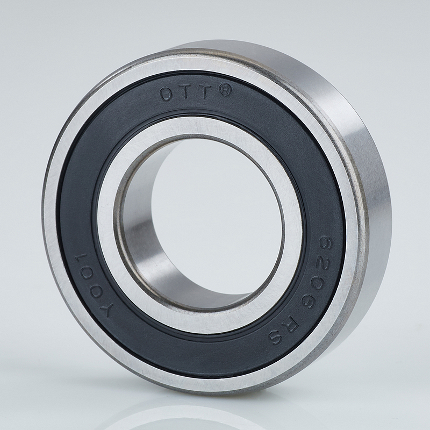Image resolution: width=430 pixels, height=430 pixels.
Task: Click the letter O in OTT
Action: click(167, 95)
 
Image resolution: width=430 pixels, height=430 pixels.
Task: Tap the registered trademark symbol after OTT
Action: click(225, 91)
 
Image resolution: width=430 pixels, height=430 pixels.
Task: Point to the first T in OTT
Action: click(187, 92)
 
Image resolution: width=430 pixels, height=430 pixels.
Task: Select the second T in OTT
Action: click(206, 92)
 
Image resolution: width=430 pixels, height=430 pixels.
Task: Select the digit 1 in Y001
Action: click(84, 260)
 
